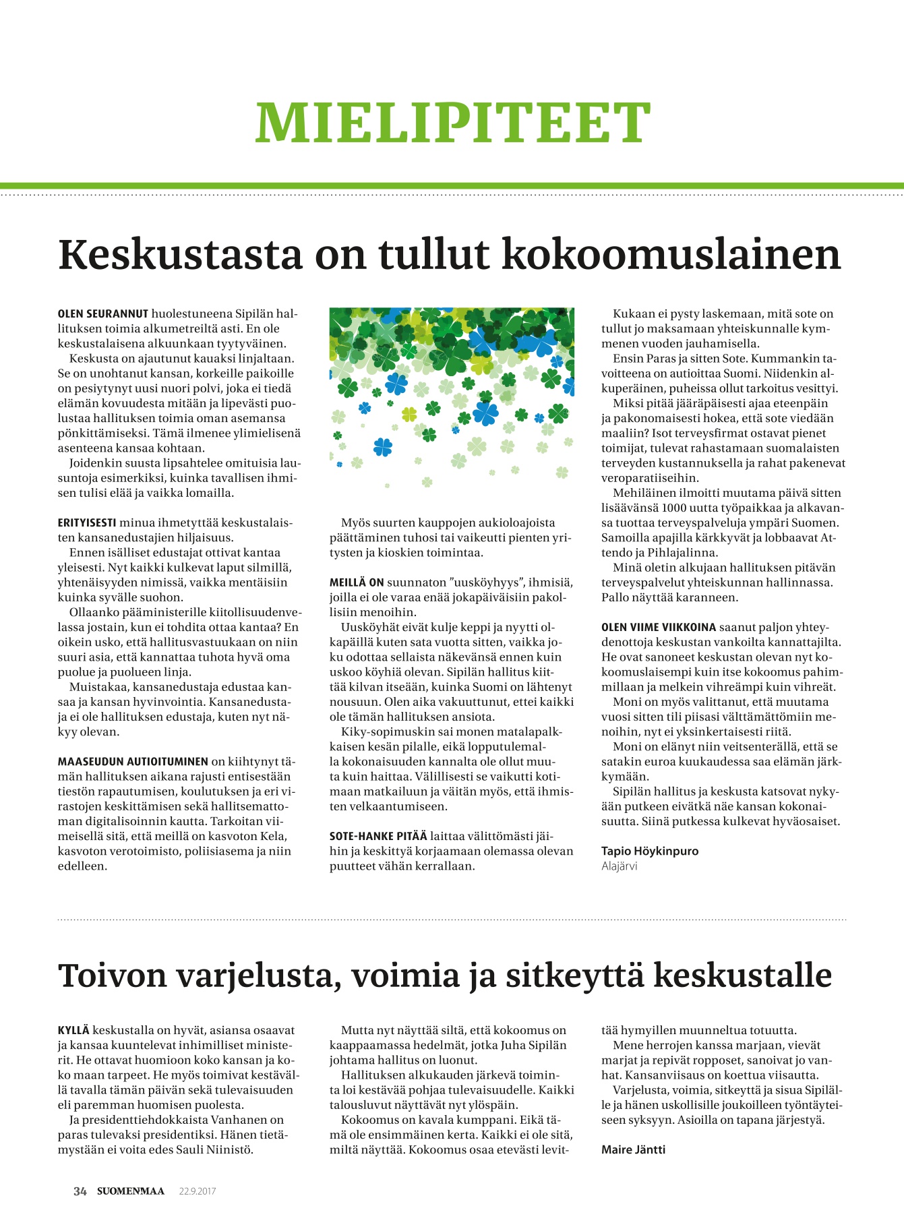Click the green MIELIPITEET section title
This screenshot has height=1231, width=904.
452,123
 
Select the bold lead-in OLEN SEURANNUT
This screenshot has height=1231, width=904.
103,314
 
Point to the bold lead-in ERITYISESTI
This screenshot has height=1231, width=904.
87,522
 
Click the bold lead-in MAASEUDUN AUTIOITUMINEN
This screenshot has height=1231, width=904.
133,762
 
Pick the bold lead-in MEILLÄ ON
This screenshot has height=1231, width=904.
357,582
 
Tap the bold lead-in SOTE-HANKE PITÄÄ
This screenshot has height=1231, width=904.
378,837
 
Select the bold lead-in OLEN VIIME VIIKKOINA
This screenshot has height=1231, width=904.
659,627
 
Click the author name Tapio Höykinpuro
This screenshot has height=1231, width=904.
650,851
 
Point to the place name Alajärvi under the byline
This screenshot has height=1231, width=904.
619,866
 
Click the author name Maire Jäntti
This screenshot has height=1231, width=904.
633,1149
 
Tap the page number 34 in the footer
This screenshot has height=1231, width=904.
80,1191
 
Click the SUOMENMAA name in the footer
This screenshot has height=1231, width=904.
131,1191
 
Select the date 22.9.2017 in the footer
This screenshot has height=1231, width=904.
197,1191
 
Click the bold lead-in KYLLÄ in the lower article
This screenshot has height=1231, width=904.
73,1030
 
